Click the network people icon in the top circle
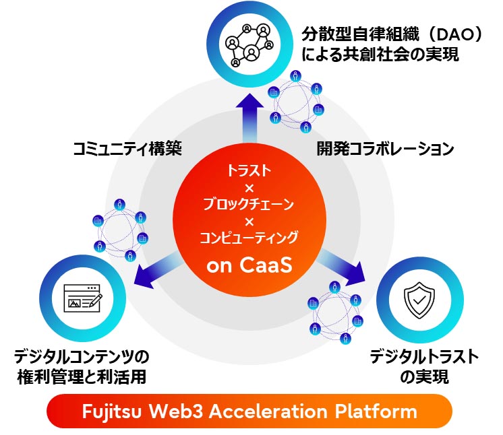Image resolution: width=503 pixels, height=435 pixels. [251, 44]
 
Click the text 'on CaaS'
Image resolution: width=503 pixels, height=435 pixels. [249, 265]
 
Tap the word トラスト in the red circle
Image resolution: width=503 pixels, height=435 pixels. [249, 171]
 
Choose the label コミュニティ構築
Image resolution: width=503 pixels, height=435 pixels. [127, 149]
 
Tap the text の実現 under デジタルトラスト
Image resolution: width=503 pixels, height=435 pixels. [424, 376]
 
